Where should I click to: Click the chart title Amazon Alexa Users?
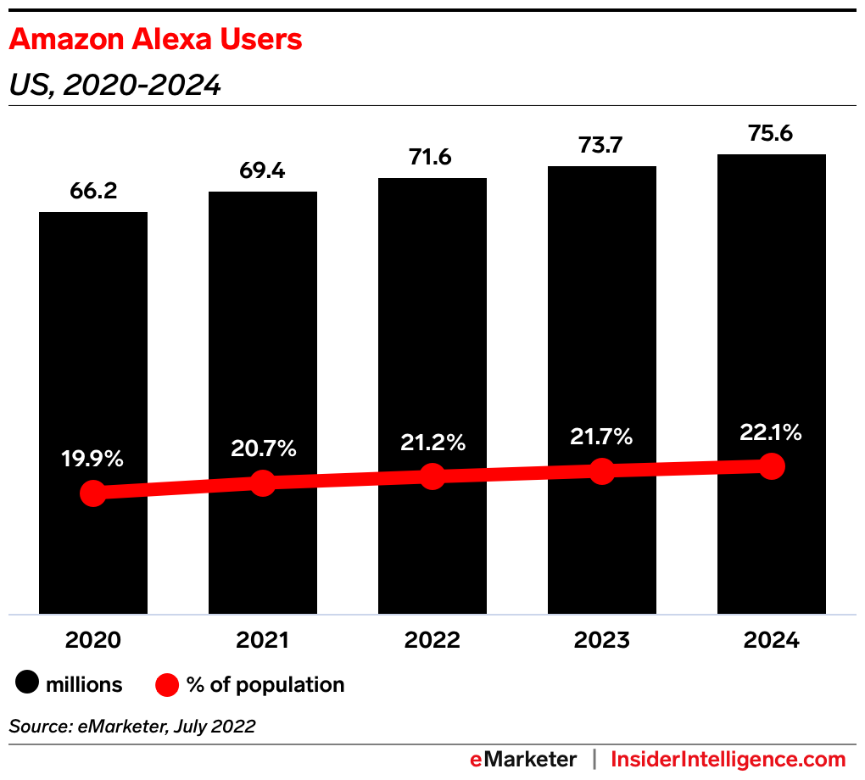coord(155,39)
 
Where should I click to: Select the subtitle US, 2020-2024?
coord(114,85)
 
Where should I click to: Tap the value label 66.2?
coord(93,191)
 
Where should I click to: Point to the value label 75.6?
coord(771,134)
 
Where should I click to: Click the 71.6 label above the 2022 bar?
coord(432,158)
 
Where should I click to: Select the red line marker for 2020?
coord(92,493)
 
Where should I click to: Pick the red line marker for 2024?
coord(771,465)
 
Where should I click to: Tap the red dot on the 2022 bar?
coord(432,476)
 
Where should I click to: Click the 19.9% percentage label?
coord(92,460)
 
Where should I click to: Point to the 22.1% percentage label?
coord(771,432)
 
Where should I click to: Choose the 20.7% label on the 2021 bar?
coord(262,449)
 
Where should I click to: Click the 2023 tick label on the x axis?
coord(601,640)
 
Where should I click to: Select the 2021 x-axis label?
coord(262,640)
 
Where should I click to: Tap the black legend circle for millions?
coord(28,684)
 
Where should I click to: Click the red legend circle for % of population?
coord(167,684)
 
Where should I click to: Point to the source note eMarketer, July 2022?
coord(131,726)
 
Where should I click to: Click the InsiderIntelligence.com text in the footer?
coord(728,759)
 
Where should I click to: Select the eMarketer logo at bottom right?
coord(523,759)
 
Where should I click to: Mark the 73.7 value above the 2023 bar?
coord(601,146)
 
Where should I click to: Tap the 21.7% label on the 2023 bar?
coord(601,437)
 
